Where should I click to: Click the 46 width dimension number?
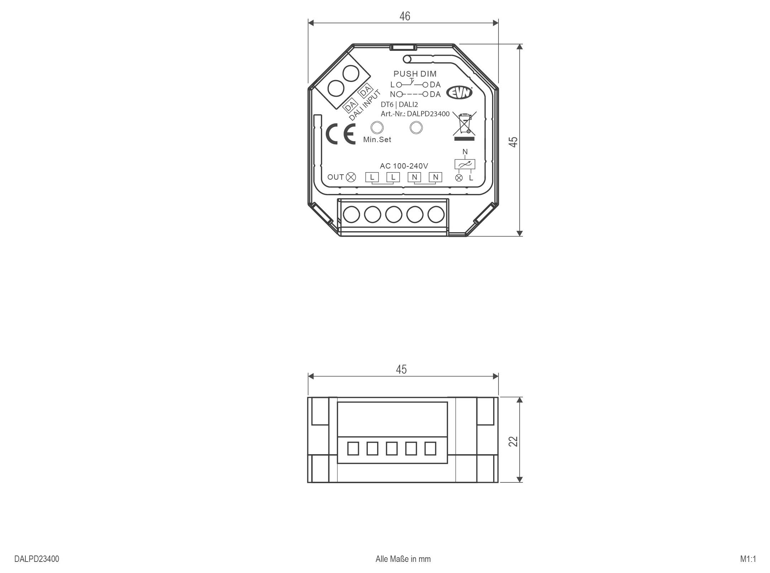(405, 16)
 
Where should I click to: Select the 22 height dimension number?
(513, 441)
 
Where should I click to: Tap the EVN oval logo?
(459, 93)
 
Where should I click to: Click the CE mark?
(340, 134)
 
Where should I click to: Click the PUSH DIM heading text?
(415, 74)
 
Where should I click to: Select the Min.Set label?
(377, 140)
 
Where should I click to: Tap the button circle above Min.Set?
(376, 127)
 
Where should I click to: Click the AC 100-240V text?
(404, 166)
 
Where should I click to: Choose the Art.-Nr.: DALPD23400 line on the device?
(415, 114)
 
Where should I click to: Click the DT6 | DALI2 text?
(399, 105)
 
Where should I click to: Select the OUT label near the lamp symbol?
(336, 177)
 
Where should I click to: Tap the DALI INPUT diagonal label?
(365, 105)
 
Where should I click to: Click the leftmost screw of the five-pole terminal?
(351, 215)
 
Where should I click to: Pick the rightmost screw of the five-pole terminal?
(436, 215)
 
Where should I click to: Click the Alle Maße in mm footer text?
(403, 559)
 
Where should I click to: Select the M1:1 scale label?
(748, 559)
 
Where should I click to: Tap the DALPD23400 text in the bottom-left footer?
(37, 559)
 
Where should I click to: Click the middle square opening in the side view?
(391, 448)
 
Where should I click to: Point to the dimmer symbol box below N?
(465, 164)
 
